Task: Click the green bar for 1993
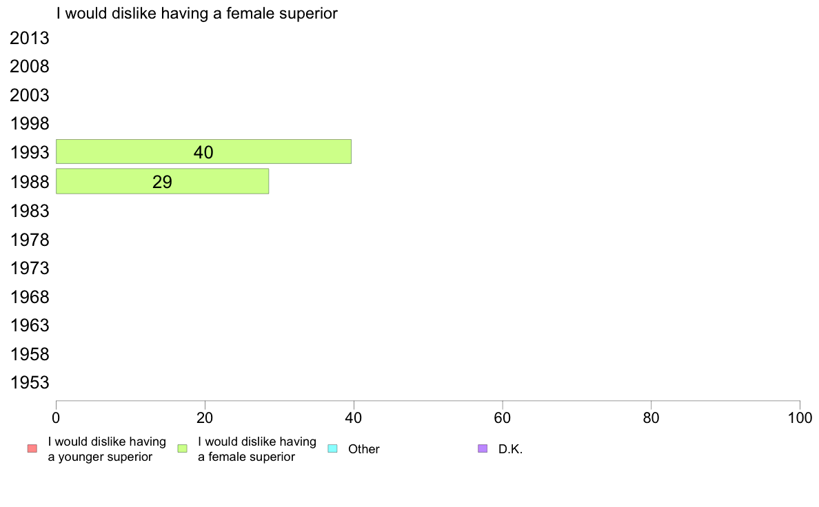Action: tap(203, 152)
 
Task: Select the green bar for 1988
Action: tap(163, 181)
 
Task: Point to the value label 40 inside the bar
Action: tap(203, 152)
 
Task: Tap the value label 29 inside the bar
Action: tap(163, 182)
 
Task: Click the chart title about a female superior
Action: tap(197, 13)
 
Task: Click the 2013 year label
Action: tap(29, 38)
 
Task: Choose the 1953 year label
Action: tap(29, 383)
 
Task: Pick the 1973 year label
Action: tap(29, 269)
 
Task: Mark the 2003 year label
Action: tap(29, 96)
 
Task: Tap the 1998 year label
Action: tap(29, 124)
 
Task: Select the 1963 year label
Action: tap(29, 325)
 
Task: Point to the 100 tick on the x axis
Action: tap(800, 417)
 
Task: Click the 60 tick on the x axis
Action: tap(503, 417)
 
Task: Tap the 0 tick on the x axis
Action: tap(56, 417)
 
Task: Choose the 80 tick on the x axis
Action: tap(651, 417)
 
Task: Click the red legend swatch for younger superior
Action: tap(32, 448)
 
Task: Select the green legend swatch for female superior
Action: tap(182, 448)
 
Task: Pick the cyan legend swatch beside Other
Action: tap(332, 448)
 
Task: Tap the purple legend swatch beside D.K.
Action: tap(483, 448)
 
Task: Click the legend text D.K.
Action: tap(510, 449)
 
